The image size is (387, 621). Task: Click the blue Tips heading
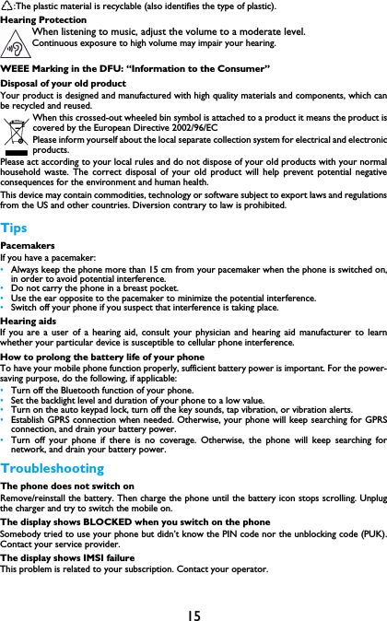pyautogui.click(x=15, y=228)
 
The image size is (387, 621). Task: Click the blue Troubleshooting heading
pyautogui.click(x=53, y=468)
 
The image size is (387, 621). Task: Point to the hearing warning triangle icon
pyautogui.click(x=15, y=43)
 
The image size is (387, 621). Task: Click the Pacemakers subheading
pyautogui.click(x=27, y=246)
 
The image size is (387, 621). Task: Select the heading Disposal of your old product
pyautogui.click(x=63, y=84)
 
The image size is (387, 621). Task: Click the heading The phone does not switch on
pyautogui.click(x=67, y=486)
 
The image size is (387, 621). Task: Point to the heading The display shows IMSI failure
pyautogui.click(x=68, y=557)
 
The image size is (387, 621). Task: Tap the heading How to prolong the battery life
pyautogui.click(x=102, y=357)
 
